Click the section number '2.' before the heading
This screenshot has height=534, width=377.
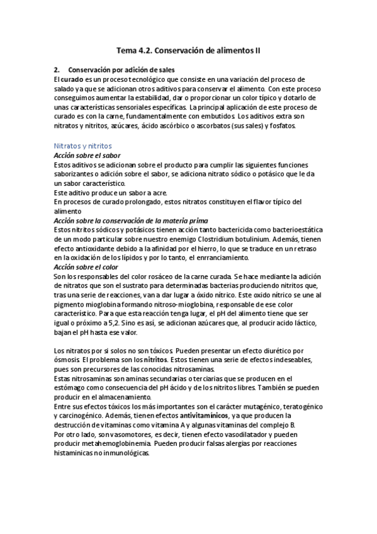[57, 70]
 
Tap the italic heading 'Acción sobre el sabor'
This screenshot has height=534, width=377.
[87, 155]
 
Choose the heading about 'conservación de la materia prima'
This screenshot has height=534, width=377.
[131, 220]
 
